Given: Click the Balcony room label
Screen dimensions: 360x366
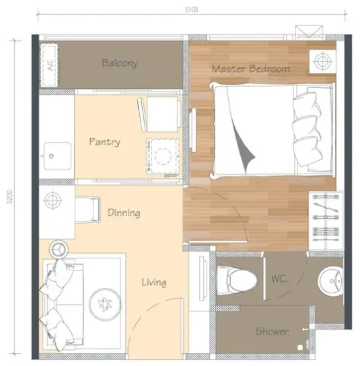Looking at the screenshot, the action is (120, 63).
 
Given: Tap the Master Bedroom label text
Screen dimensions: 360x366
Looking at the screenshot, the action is (251, 69).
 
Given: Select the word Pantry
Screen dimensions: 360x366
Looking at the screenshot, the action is (104, 142).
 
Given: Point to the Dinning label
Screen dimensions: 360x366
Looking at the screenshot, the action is (124, 213).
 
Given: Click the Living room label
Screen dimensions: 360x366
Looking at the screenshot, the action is (154, 282).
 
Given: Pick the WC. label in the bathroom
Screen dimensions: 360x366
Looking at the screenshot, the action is (279, 279).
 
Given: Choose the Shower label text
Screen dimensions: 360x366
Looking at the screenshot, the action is (272, 331).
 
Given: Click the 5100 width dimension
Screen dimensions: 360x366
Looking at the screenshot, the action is (192, 9).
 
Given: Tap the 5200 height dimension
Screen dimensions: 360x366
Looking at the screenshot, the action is (10, 196).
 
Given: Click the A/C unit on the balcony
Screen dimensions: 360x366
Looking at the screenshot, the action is (49, 65).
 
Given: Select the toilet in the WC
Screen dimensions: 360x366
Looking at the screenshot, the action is (237, 280).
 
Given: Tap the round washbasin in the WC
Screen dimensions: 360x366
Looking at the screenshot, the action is (330, 281).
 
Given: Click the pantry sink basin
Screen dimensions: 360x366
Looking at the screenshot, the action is (57, 156).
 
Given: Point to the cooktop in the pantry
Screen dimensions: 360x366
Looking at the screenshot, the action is (163, 156).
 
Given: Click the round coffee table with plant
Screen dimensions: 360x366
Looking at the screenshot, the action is (105, 304).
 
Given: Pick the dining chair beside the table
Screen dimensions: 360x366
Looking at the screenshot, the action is (88, 210).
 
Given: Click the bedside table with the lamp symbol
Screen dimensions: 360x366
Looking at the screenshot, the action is (322, 61).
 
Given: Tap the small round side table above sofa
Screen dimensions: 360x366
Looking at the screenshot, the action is (59, 249).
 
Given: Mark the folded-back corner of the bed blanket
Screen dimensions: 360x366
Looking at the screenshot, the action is (244, 149).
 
